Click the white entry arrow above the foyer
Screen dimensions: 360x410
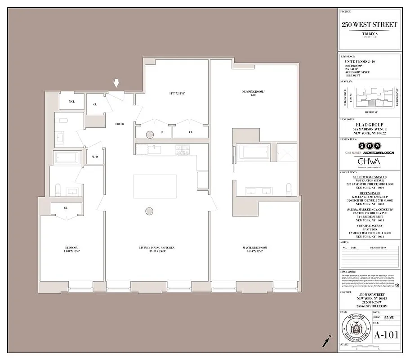point(116,83)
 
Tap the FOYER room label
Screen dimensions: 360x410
point(120,123)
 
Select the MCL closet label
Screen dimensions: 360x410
point(71,102)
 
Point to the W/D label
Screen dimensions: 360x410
point(95,157)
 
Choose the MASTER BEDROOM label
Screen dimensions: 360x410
point(254,247)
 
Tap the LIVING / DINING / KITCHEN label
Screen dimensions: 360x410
point(156,247)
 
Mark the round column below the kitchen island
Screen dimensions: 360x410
point(149,211)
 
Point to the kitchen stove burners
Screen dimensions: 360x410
point(183,148)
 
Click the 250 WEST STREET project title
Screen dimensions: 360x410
point(369,25)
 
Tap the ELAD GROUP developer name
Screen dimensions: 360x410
point(369,125)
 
